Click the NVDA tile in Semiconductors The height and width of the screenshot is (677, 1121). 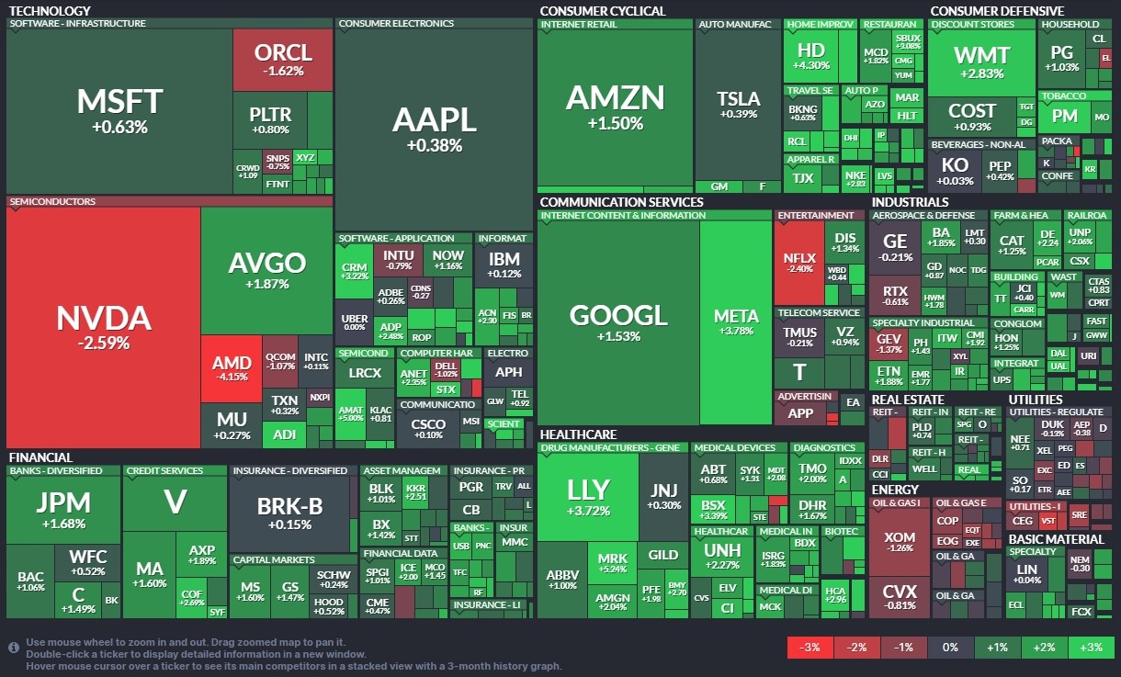(103, 327)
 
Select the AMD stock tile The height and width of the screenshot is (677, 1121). (231, 369)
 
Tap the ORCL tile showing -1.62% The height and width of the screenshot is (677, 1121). (282, 59)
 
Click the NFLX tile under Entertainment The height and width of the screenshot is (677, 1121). (799, 263)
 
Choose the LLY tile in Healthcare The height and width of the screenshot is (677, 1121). (587, 496)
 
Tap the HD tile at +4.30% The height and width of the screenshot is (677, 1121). (810, 55)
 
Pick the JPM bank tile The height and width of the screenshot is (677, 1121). (63, 509)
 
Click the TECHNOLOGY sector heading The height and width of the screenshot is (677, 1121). (49, 11)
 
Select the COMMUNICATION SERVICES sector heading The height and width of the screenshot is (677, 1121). (621, 202)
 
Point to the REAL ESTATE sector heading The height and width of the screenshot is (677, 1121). (908, 400)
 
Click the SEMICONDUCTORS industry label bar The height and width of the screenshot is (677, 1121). (51, 201)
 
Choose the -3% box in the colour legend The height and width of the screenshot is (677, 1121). (810, 647)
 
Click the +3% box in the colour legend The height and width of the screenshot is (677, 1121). (1091, 647)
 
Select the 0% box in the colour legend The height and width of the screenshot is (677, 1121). (950, 647)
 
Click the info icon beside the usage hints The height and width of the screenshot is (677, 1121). (14, 647)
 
